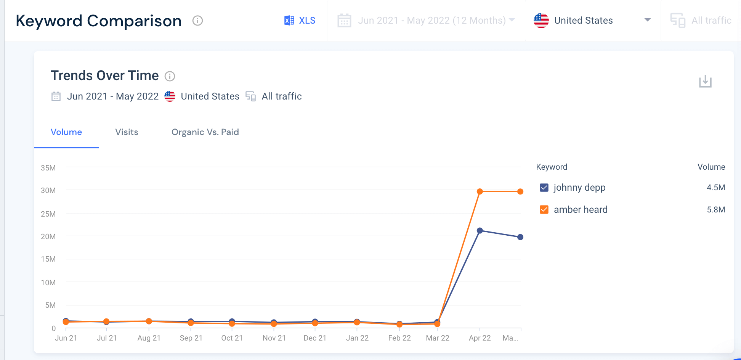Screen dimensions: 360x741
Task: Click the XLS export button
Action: tap(300, 21)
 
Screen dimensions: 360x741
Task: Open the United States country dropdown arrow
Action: tap(647, 20)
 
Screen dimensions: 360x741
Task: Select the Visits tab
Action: tap(127, 132)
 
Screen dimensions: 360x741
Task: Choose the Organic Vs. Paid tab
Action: tap(205, 132)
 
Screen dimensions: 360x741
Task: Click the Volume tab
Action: tap(66, 132)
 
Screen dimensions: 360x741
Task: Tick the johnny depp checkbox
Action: tap(544, 188)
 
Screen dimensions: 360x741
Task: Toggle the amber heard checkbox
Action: tap(544, 210)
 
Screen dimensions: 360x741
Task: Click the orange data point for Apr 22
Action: tap(480, 191)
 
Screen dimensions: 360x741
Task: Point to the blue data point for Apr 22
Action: tap(480, 231)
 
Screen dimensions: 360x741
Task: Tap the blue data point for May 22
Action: tap(520, 237)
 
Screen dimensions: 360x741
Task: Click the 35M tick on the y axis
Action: tap(48, 168)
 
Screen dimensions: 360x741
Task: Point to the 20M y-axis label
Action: tap(48, 236)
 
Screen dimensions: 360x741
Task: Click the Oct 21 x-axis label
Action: tap(232, 338)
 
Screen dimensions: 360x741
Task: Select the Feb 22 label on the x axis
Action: tap(399, 338)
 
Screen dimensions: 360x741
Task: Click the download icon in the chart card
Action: tap(705, 81)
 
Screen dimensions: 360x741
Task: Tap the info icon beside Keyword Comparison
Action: tap(197, 21)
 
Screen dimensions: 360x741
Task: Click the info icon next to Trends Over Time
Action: tap(170, 76)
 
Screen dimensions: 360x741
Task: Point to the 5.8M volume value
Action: tap(715, 210)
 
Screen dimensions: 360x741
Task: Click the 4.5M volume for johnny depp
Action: tap(715, 188)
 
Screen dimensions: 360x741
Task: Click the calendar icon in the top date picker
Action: tap(344, 21)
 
